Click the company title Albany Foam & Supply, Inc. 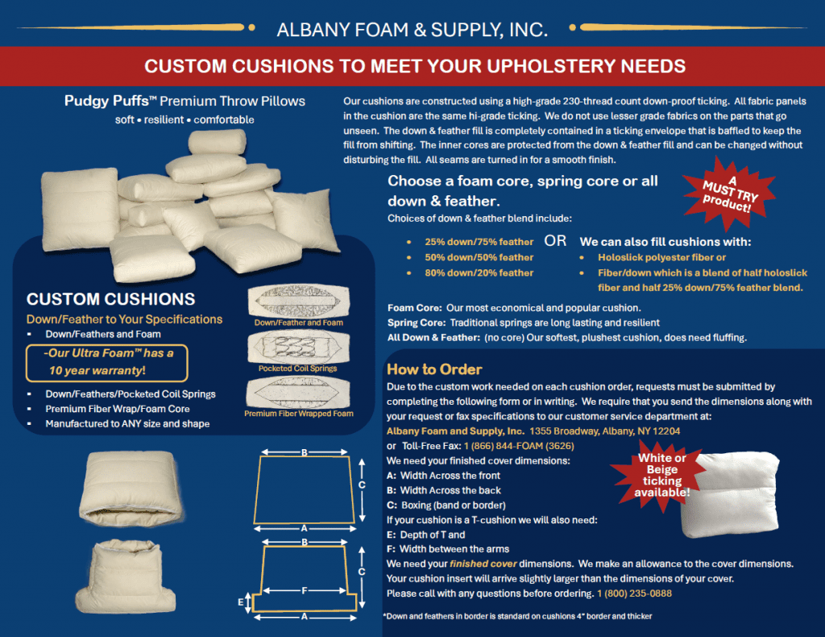(x=412, y=30)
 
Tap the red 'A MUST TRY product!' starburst (x=728, y=194)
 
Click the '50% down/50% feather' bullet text (x=479, y=257)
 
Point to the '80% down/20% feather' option (x=479, y=273)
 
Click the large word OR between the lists (x=555, y=240)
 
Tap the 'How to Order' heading (x=434, y=369)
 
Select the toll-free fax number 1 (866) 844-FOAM (x=519, y=446)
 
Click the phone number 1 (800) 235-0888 (x=634, y=593)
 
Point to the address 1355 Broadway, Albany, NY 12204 (x=604, y=431)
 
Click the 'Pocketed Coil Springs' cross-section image (x=299, y=347)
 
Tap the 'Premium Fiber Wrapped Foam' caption (x=299, y=414)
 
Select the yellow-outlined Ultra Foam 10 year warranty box (x=107, y=363)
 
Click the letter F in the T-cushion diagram (x=304, y=591)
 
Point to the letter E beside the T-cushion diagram (x=240, y=602)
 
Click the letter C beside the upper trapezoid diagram (x=362, y=485)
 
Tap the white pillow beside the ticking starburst (x=729, y=494)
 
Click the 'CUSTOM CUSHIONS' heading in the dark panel (x=110, y=299)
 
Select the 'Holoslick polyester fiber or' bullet (x=661, y=257)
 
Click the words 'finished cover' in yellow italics (x=483, y=564)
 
